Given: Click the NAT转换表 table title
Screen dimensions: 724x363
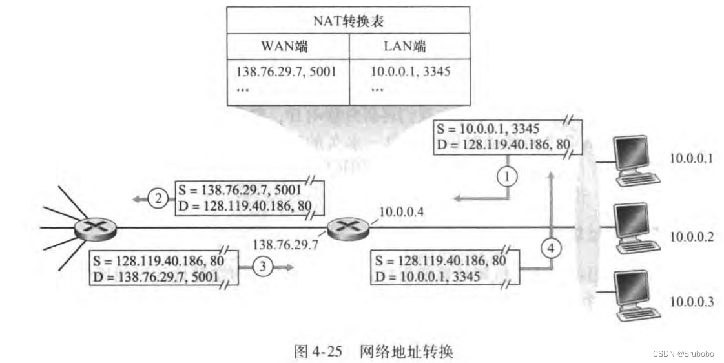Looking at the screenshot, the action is [x=348, y=21].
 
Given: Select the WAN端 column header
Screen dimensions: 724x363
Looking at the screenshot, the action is [x=284, y=46].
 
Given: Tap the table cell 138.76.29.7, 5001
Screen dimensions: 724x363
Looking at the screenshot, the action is [x=286, y=71].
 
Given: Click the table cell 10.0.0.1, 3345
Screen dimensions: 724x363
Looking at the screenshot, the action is [x=410, y=71].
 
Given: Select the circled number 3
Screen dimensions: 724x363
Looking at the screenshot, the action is [x=260, y=266].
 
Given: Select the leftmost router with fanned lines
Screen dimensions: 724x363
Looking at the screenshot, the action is [x=96, y=227].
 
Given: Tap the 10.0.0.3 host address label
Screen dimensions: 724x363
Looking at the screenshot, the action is [x=691, y=301].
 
